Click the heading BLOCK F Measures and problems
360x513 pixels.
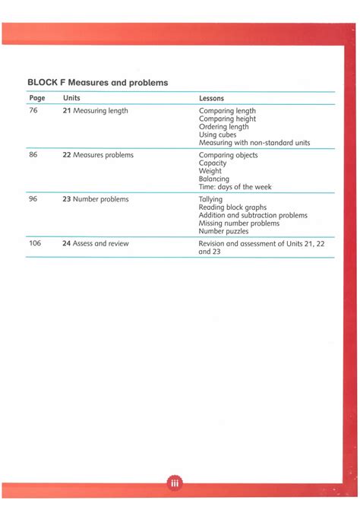coord(97,82)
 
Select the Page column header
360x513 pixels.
coord(37,98)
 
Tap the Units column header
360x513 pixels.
coord(71,98)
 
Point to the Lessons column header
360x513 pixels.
coord(211,98)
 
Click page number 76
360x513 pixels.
coord(33,111)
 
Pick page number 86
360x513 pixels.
coord(33,155)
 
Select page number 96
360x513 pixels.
coord(33,199)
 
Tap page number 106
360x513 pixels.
coord(35,243)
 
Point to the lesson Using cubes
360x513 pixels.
coord(217,135)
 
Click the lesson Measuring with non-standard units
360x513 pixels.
coord(254,143)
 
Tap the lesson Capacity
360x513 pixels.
coord(213,163)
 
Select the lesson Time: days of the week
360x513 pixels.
coord(235,187)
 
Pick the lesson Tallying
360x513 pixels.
coord(210,199)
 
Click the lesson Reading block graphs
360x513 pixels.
coord(232,207)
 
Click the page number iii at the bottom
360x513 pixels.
coord(174,484)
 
